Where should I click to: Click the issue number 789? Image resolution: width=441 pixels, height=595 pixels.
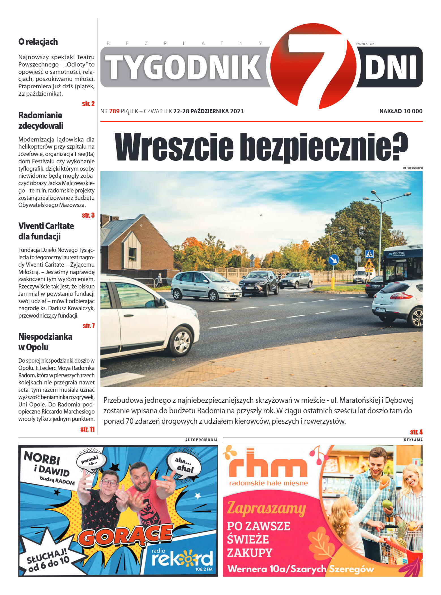[x=114, y=111]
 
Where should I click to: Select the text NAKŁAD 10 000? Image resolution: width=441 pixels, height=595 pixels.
[x=401, y=111]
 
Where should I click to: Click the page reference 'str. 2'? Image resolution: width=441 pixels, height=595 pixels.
[x=88, y=104]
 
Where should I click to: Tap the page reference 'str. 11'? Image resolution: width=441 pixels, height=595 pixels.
[x=87, y=429]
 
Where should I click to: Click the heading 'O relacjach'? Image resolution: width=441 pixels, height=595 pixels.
[x=38, y=42]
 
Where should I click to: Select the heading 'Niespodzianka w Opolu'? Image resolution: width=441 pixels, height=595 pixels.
[x=45, y=342]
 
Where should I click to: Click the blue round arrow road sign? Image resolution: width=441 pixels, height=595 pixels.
[x=333, y=260]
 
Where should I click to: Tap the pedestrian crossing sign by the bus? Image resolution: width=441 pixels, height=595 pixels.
[x=369, y=254]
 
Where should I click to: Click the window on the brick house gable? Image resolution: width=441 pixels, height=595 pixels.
[x=132, y=254]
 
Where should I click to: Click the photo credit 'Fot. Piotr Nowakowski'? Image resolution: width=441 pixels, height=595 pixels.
[x=412, y=168]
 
